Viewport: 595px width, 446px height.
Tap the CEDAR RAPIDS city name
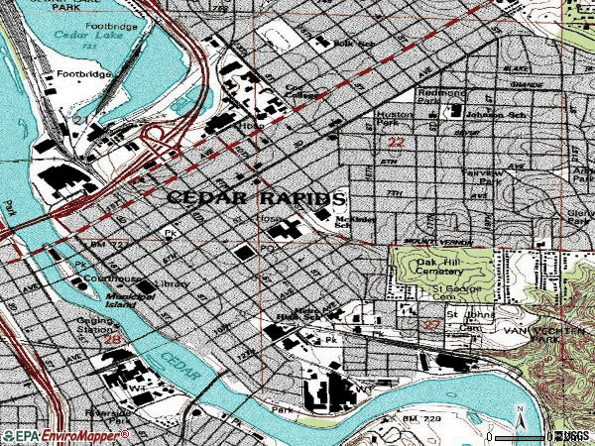pyautogui.click(x=256, y=197)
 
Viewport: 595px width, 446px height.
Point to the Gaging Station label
pyautogui.click(x=98, y=327)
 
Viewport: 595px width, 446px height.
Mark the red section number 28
pyautogui.click(x=113, y=340)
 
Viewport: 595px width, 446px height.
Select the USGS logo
pyautogui.click(x=572, y=435)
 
